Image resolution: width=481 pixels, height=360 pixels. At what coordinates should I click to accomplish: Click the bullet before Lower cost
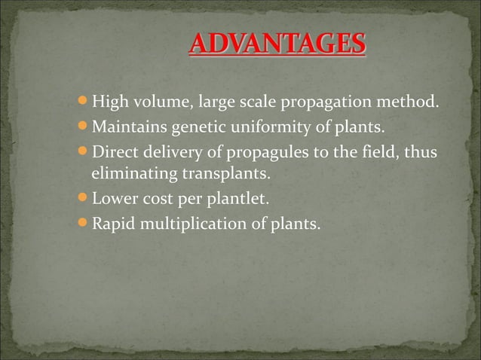[83, 200]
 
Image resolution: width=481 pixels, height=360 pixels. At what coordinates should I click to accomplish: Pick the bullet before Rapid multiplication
[83, 224]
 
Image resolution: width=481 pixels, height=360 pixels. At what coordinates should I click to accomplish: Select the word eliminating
[130, 175]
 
